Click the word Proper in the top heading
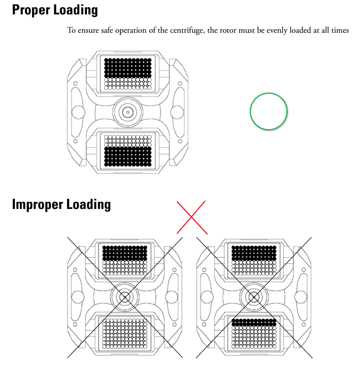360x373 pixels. pyautogui.click(x=31, y=11)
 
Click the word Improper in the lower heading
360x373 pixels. pyautogui.click(x=37, y=205)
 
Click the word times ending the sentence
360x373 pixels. pyautogui.click(x=340, y=30)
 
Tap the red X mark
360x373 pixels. pyautogui.click(x=192, y=217)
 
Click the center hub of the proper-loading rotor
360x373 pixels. pyautogui.click(x=128, y=112)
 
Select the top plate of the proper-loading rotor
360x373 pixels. pyautogui.click(x=128, y=74)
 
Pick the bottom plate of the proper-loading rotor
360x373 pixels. pyautogui.click(x=128, y=151)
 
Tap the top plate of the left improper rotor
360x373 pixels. pyautogui.click(x=125, y=260)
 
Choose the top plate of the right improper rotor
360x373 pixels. pyautogui.click(x=254, y=260)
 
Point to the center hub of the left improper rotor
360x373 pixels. pyautogui.click(x=125, y=297)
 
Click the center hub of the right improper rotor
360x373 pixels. pyautogui.click(x=254, y=297)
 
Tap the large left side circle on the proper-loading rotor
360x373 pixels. pyautogui.click(x=78, y=112)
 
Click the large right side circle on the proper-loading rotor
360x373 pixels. pyautogui.click(x=177, y=112)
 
